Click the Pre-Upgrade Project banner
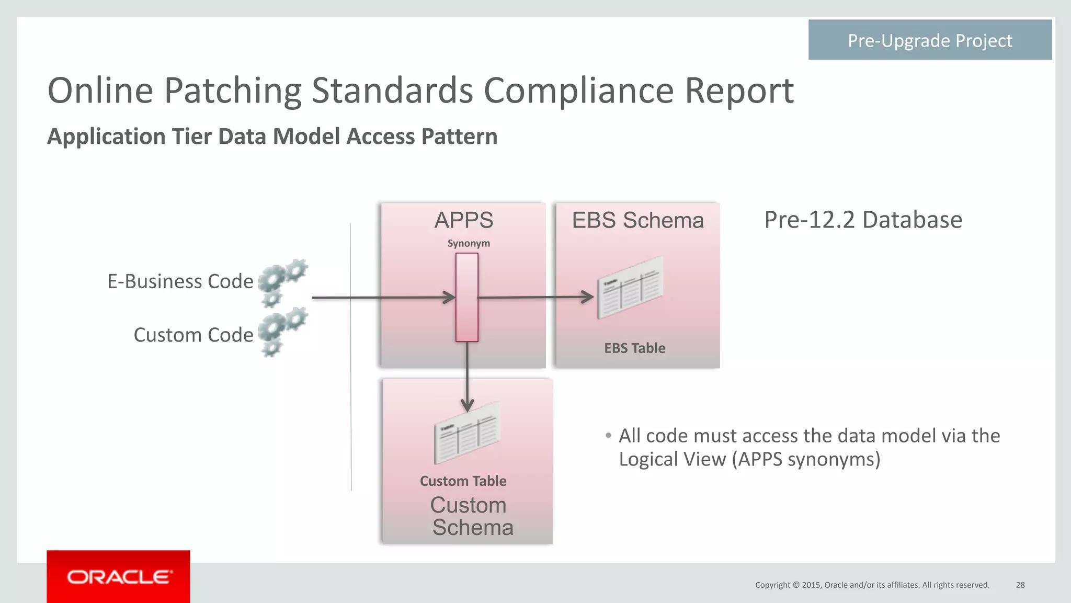[929, 40]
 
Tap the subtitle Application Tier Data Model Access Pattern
[272, 136]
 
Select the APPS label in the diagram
[463, 220]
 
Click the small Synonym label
[469, 243]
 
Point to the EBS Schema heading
[637, 220]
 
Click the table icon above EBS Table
[630, 288]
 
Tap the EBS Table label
[634, 348]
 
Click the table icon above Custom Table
[466, 433]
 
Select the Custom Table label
[463, 481]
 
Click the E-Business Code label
[180, 281]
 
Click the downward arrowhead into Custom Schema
[467, 405]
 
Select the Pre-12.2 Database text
[863, 220]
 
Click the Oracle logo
[119, 577]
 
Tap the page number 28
[1020, 585]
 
